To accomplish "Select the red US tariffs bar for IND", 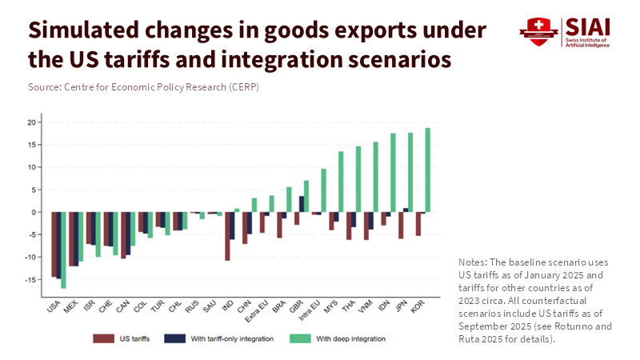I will pyautogui.click(x=227, y=236).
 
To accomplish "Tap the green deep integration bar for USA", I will pyautogui.click(x=63, y=250).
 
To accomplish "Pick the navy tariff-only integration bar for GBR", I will pyautogui.click(x=301, y=204).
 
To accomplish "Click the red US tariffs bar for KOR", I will pyautogui.click(x=418, y=224).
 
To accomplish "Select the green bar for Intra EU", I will pyautogui.click(x=323, y=190).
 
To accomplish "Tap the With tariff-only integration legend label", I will pyautogui.click(x=231, y=339).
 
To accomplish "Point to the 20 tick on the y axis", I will pyautogui.click(x=33, y=122).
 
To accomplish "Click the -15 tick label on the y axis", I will pyautogui.click(x=31, y=279).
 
